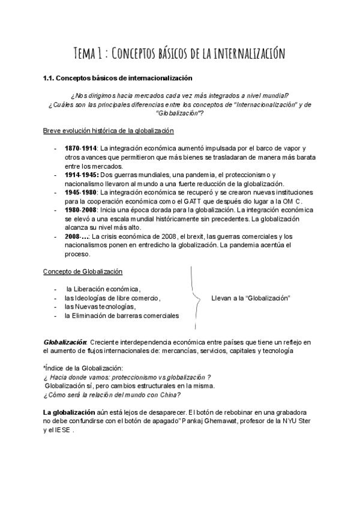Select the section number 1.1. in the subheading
(x=51, y=77)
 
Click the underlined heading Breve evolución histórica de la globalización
(x=108, y=131)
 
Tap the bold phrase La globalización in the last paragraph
(x=69, y=412)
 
